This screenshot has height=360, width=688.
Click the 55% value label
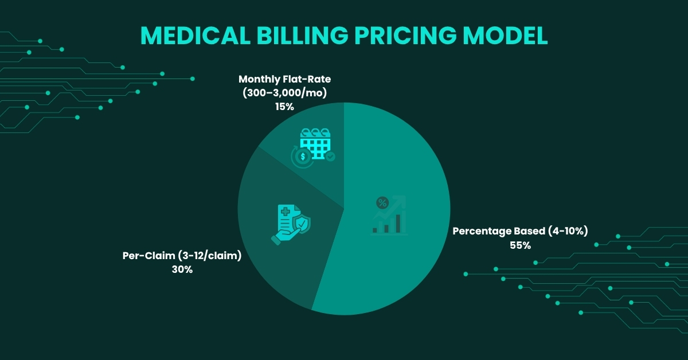(521, 245)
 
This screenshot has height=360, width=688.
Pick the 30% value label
(182, 269)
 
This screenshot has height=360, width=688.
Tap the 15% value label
(284, 106)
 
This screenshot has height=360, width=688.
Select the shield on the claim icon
(302, 222)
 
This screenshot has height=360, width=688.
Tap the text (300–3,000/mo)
(284, 92)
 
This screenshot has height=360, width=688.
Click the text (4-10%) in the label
(567, 232)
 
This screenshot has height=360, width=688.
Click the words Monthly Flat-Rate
(284, 79)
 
